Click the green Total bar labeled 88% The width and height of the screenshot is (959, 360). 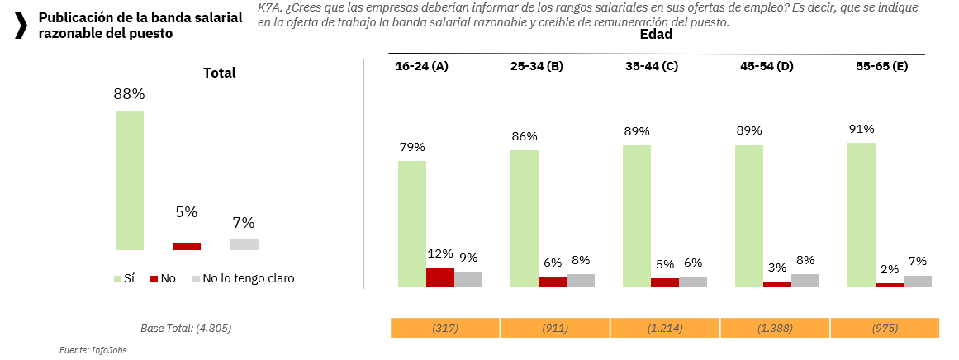pyautogui.click(x=130, y=180)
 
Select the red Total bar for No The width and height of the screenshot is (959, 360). pyautogui.click(x=187, y=246)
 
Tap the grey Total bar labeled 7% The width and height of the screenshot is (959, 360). pyautogui.click(x=244, y=244)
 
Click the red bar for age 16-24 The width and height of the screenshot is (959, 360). pyautogui.click(x=440, y=277)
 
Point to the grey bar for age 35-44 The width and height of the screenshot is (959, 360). pyautogui.click(x=693, y=282)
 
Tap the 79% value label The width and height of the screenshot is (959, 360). pyautogui.click(x=411, y=147)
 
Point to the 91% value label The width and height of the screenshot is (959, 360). pyautogui.click(x=862, y=129)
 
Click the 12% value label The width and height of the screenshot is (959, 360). pyautogui.click(x=440, y=253)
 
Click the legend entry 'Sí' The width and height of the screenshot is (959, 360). pyautogui.click(x=124, y=279)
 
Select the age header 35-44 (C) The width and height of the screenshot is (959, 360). pyautogui.click(x=652, y=66)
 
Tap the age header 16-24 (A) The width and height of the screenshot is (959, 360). pyautogui.click(x=421, y=66)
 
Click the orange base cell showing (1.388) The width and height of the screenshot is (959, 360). pyautogui.click(x=775, y=328)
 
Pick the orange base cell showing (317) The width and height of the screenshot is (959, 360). pyautogui.click(x=445, y=328)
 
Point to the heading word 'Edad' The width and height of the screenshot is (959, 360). pyautogui.click(x=656, y=35)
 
